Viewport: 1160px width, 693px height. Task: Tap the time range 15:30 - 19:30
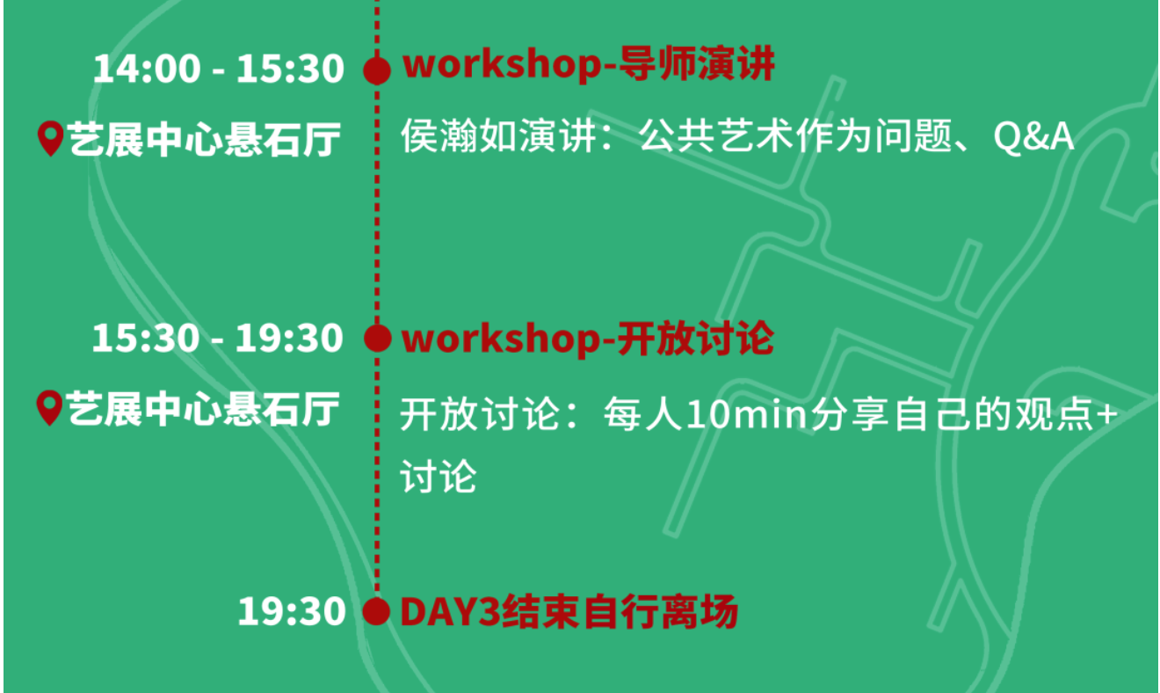[218, 339]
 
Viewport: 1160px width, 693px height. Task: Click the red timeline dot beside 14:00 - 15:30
[377, 70]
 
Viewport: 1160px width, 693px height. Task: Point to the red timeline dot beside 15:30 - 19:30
[377, 339]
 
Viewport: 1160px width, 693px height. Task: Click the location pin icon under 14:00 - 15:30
[51, 139]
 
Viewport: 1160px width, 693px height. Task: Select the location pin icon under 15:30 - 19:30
[50, 408]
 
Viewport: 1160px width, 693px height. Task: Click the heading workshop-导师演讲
[588, 66]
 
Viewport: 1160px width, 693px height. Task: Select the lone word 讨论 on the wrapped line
[439, 476]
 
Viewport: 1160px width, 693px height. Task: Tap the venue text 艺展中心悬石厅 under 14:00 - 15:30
[203, 139]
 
